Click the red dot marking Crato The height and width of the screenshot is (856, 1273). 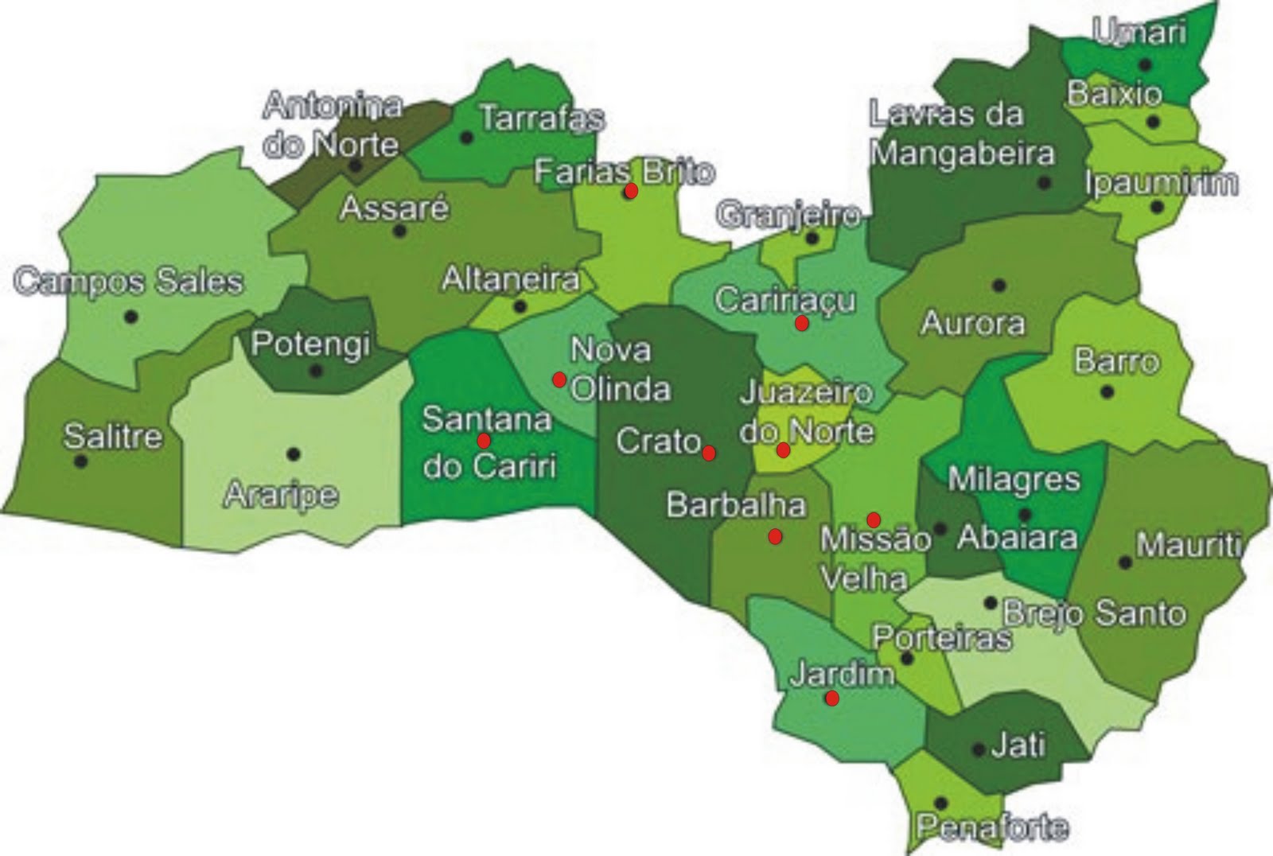click(x=709, y=453)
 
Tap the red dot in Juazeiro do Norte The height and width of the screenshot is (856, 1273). click(x=783, y=450)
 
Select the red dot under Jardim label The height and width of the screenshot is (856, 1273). click(x=831, y=698)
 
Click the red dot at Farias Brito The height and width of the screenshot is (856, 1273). click(x=631, y=191)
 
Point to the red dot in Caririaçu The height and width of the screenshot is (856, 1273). click(x=801, y=323)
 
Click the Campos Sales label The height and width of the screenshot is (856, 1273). click(x=129, y=282)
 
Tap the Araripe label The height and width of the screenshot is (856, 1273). click(x=281, y=495)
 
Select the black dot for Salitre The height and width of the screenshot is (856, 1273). click(x=80, y=461)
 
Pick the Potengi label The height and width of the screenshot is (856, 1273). click(x=310, y=344)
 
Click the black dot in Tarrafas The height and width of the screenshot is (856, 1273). click(x=467, y=138)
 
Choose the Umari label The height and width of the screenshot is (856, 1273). click(x=1139, y=32)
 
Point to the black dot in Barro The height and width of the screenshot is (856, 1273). click(x=1107, y=391)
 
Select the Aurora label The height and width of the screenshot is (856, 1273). click(x=972, y=323)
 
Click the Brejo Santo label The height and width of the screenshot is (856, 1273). click(x=1094, y=613)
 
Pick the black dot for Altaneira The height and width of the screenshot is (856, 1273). click(x=520, y=306)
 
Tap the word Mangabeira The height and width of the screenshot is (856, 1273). click(x=962, y=153)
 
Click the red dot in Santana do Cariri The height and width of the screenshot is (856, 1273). click(x=483, y=441)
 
